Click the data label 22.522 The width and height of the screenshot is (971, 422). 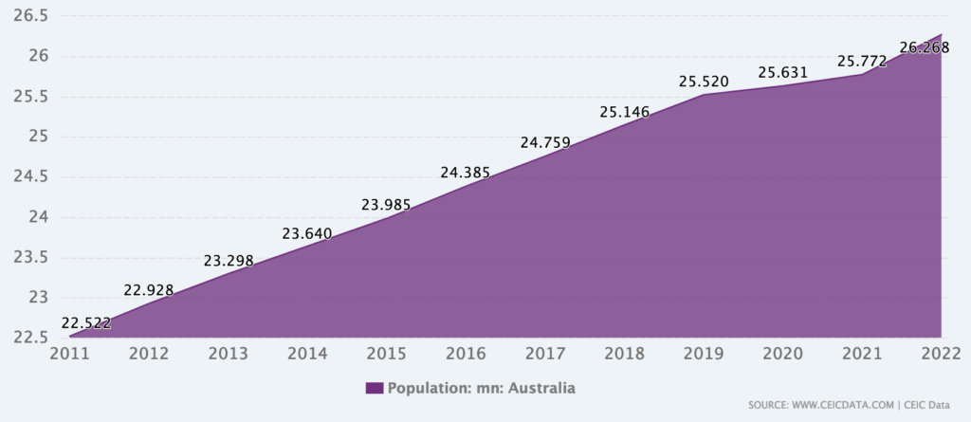point(85,323)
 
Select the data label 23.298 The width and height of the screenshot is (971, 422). point(229,261)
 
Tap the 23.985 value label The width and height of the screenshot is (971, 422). point(387,205)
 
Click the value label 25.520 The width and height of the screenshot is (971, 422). point(704,83)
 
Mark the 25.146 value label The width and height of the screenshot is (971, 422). point(625,113)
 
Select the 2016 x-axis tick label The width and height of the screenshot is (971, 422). point(466,355)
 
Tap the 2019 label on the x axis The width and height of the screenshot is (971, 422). point(704,355)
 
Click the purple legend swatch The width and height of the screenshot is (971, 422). point(374,388)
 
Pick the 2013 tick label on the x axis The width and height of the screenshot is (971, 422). point(229,355)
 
